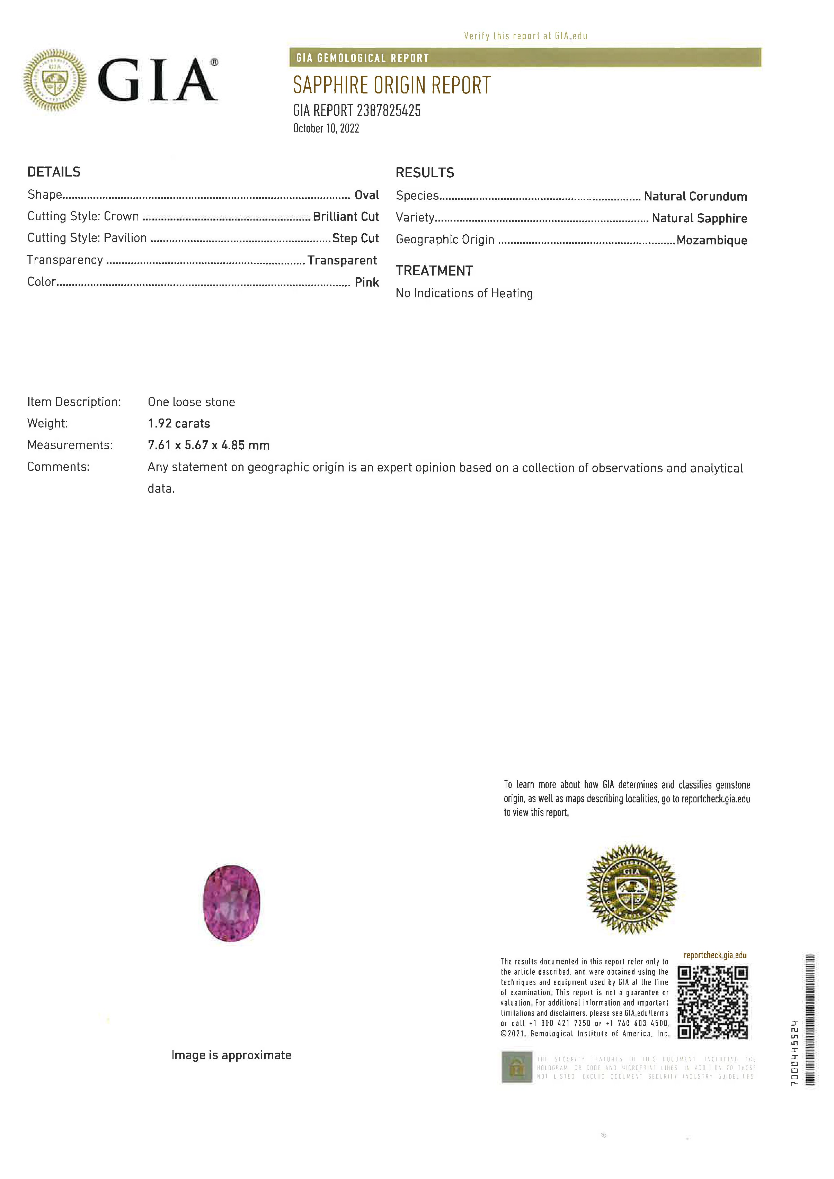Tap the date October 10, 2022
326,128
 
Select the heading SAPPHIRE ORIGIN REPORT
392,85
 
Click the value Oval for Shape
366,195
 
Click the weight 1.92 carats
179,424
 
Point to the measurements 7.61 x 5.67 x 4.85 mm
208,445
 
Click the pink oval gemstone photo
231,903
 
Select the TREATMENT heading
434,271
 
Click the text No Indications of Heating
464,293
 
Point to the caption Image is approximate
231,1055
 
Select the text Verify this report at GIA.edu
525,36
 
